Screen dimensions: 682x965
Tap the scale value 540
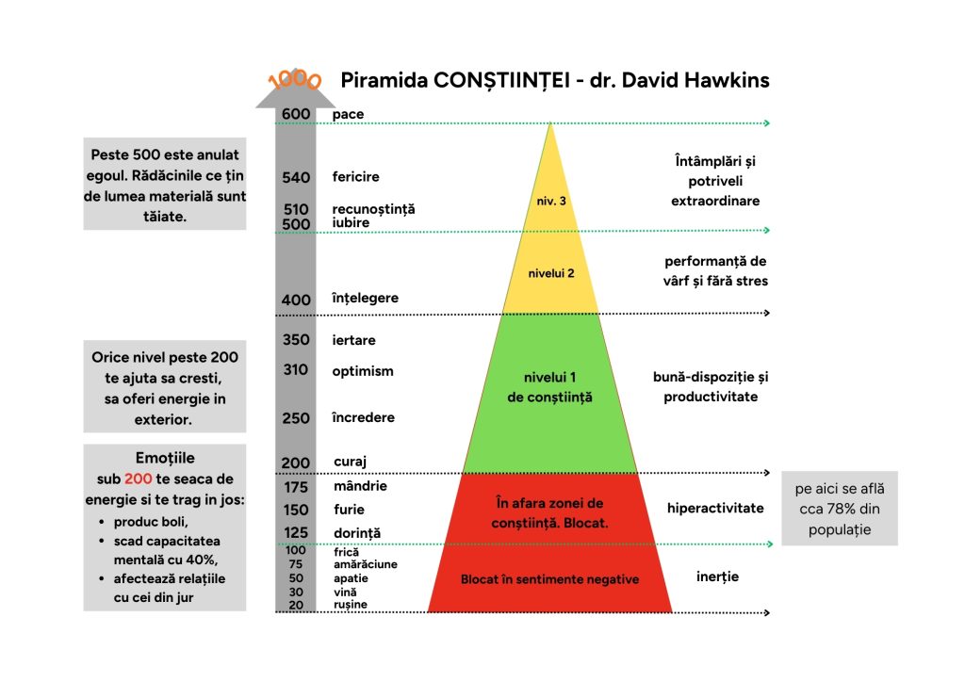coord(296,177)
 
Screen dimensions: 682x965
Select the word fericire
coord(356,176)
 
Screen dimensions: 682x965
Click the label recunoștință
coord(373,208)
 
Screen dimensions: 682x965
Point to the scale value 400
coord(296,300)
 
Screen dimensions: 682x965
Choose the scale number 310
coord(296,370)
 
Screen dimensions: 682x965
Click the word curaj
coord(350,462)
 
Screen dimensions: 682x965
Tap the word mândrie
coord(360,486)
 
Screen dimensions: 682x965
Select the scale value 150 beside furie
coord(296,510)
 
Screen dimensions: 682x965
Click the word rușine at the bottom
coord(351,604)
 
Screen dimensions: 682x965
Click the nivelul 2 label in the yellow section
coord(551,273)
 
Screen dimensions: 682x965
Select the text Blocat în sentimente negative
coord(549,579)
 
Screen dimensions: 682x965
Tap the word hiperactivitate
coord(715,508)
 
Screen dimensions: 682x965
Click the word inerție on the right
coord(717,576)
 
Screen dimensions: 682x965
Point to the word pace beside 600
coord(348,114)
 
